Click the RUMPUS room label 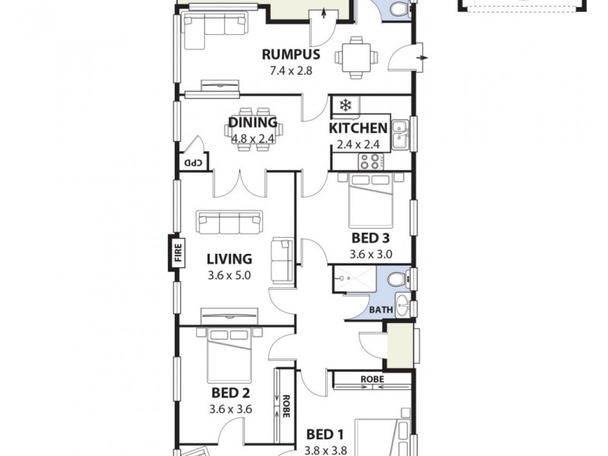290,55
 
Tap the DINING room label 253,123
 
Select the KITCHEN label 358,128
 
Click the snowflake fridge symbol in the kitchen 345,106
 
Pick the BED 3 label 371,237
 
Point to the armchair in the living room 283,259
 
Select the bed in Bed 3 371,199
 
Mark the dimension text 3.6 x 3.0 371,254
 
